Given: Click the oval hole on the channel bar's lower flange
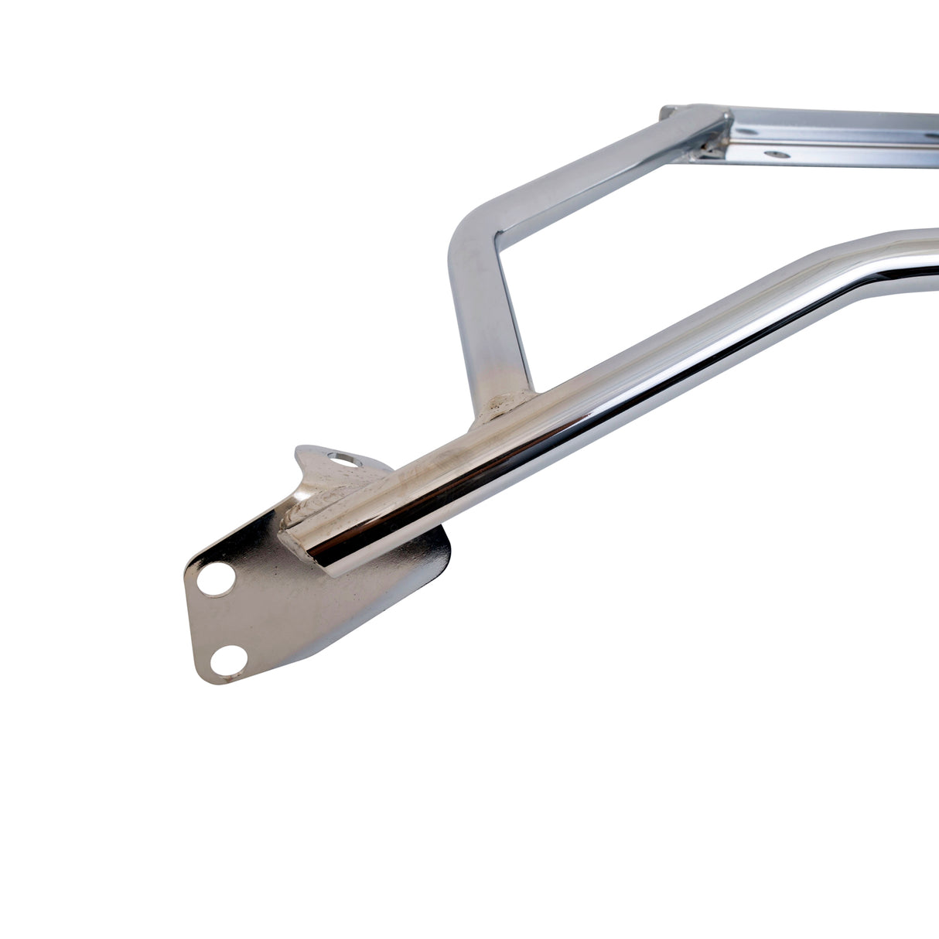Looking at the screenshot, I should [776, 155].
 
